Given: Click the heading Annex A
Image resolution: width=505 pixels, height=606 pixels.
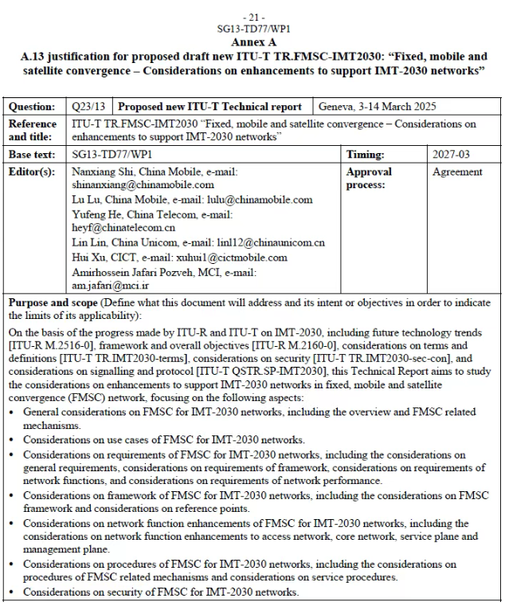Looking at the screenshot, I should [253, 41].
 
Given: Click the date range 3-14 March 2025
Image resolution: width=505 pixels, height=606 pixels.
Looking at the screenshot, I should [401, 107].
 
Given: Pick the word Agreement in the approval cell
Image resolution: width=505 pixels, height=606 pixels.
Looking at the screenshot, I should [457, 171].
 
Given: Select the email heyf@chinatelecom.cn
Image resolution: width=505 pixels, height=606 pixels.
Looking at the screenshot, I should [123, 227].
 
